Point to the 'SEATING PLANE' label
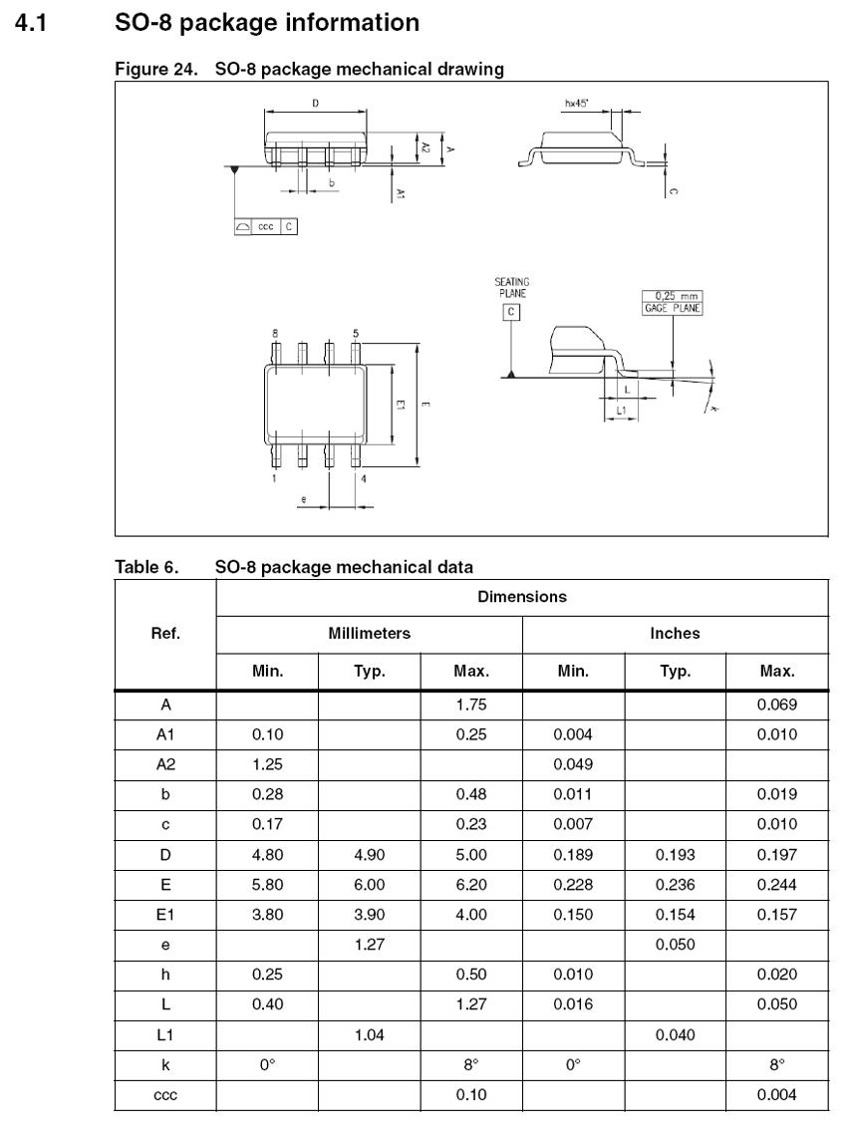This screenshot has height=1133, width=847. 511,288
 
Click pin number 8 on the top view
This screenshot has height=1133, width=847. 275,331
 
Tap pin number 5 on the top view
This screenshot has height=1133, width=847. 357,331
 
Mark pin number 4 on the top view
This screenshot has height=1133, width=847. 363,479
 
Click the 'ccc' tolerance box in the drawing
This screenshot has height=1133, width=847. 266,226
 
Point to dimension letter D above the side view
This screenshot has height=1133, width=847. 315,103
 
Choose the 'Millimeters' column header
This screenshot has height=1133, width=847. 369,633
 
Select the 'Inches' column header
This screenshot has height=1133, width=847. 675,633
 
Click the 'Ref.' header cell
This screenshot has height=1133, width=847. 165,633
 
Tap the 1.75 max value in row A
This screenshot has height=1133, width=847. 470,705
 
